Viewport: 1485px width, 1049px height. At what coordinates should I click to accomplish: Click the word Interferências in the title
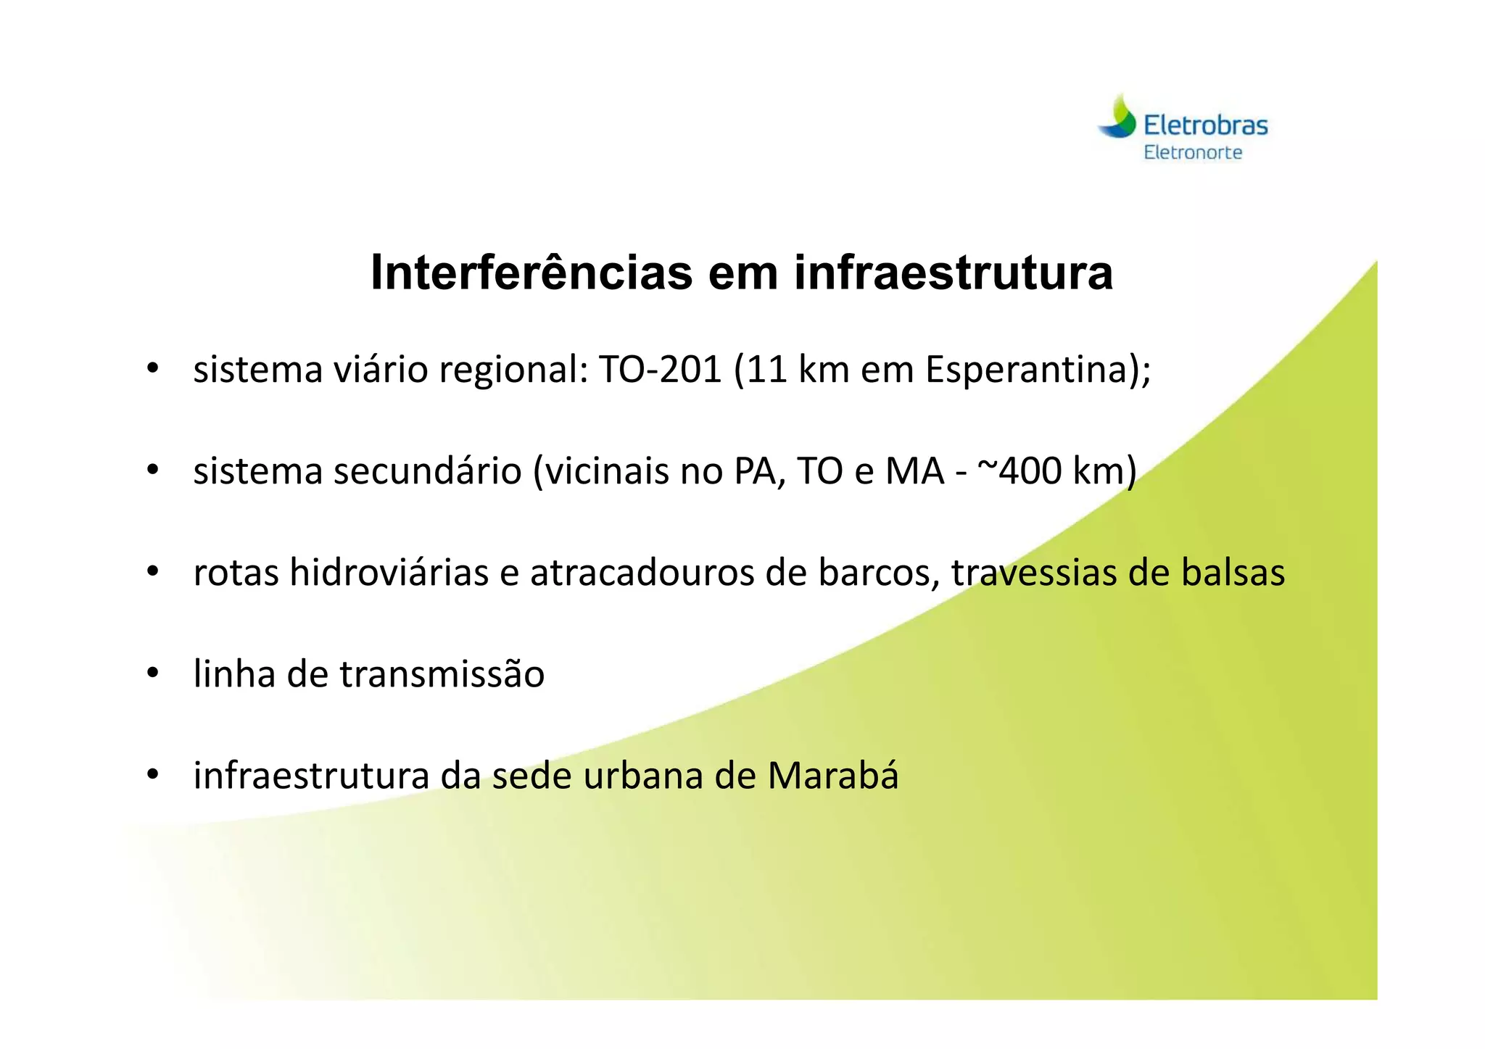(x=531, y=273)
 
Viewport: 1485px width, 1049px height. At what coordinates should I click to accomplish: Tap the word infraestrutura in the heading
(x=953, y=273)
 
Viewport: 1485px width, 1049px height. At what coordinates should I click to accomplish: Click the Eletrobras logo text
(x=1205, y=125)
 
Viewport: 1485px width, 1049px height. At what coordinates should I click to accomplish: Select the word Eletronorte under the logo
(x=1193, y=152)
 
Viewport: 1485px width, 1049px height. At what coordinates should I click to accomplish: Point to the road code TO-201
(x=660, y=370)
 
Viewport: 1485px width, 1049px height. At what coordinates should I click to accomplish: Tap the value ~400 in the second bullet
(x=1019, y=470)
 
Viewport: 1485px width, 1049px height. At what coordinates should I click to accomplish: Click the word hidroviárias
(x=389, y=572)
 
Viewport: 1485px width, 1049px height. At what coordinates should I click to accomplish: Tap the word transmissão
(x=442, y=673)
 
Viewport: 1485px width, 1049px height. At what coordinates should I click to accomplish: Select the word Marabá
(x=833, y=775)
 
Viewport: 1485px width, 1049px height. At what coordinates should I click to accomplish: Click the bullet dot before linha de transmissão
(x=152, y=674)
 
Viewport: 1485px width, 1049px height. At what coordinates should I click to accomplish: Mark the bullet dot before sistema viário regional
(x=152, y=370)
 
